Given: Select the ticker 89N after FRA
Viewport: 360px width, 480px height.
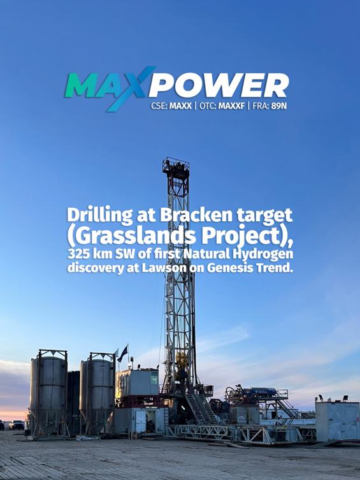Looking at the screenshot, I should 279,106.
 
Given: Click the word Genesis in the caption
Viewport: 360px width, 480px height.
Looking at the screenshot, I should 233,268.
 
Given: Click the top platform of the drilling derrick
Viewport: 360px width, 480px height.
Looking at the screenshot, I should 176,167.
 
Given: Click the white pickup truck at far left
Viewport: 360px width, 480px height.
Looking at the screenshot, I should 17,425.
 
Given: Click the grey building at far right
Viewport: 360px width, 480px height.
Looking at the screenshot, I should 336,419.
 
